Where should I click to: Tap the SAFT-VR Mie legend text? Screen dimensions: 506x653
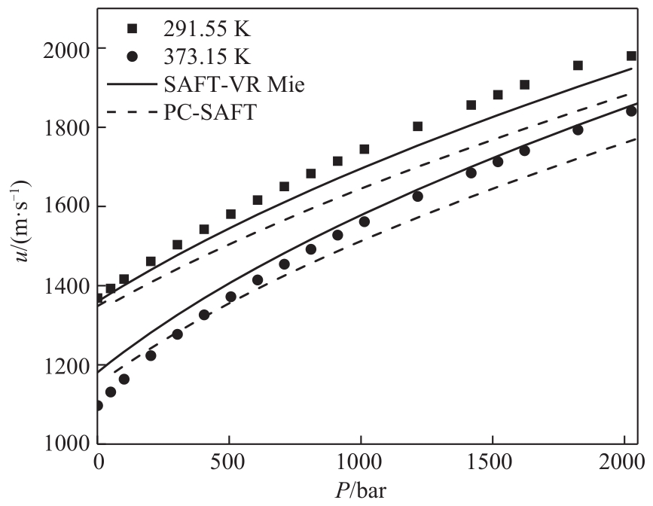coord(226,84)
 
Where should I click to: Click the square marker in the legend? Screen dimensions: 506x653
coord(133,29)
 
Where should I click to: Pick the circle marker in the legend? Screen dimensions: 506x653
coord(133,56)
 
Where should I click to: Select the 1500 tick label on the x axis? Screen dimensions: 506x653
coord(493,461)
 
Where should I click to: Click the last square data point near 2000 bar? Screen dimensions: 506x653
coord(631,56)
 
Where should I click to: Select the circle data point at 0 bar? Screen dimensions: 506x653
coord(98,406)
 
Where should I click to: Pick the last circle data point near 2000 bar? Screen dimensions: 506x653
coord(631,111)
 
